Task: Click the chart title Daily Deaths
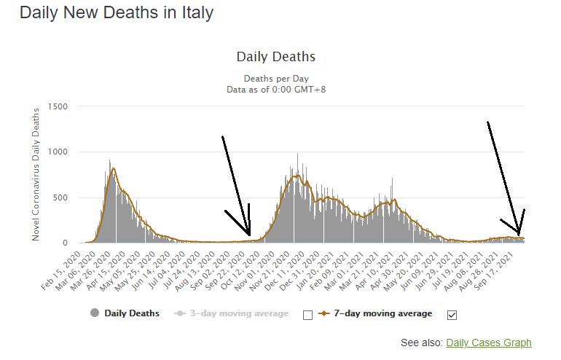pyautogui.click(x=275, y=57)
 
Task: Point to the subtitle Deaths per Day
pyautogui.click(x=275, y=78)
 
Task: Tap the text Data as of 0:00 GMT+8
pyautogui.click(x=275, y=89)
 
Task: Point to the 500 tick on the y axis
pyautogui.click(x=59, y=197)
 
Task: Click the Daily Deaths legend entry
pyautogui.click(x=132, y=314)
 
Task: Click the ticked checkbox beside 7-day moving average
pyautogui.click(x=452, y=315)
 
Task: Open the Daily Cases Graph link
pyautogui.click(x=488, y=343)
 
